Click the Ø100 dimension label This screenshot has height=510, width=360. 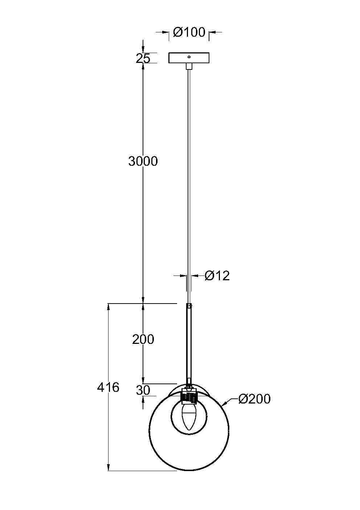point(189,32)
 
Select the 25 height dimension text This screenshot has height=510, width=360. point(143,58)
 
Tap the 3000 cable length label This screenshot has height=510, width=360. point(143,161)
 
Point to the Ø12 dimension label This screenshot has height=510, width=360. point(217,276)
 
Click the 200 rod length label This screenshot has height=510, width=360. point(143,340)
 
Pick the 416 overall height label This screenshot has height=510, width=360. point(108,387)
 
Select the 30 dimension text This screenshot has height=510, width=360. point(143,390)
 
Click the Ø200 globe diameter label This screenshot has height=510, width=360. point(254,399)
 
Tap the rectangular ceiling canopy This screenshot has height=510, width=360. point(189,58)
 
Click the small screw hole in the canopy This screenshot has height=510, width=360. point(189,57)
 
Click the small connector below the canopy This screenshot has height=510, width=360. point(189,66)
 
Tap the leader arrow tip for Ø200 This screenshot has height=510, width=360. point(224,404)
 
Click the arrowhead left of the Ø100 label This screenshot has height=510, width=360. point(167,33)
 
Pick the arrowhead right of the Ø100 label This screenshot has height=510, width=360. point(212,33)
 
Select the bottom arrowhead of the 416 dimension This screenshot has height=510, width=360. point(108,467)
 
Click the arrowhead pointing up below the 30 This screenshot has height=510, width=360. point(143,399)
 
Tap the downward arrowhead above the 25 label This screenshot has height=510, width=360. point(143,50)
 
